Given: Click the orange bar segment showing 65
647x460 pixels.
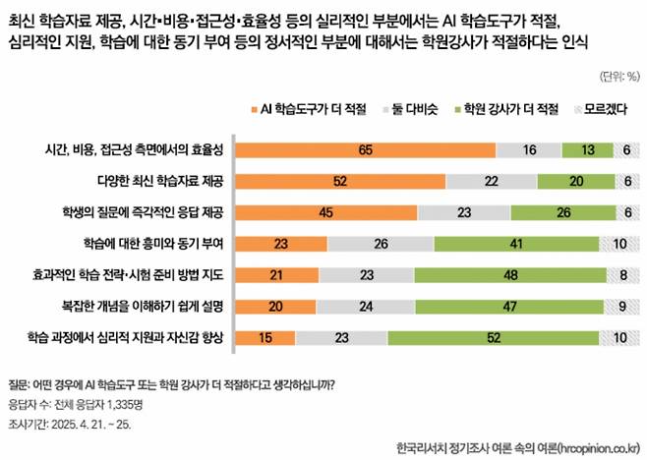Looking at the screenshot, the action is tap(366, 149).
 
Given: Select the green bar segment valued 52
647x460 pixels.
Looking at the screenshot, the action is tap(493, 338).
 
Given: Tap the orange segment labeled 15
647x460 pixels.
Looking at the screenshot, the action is tap(265, 338).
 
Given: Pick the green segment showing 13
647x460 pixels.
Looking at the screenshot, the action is tap(588, 149).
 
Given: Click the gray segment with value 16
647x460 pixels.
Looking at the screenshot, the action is tap(529, 149).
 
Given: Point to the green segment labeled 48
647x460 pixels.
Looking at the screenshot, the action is tap(510, 275).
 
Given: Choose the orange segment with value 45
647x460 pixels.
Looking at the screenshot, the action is tap(326, 212).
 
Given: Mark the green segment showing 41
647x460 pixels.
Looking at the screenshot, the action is tap(516, 244).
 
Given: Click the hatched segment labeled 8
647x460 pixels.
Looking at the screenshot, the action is tap(623, 275).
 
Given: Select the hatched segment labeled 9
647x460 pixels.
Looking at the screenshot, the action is tap(621, 307).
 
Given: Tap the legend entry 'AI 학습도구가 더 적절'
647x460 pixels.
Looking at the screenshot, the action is tap(309, 109).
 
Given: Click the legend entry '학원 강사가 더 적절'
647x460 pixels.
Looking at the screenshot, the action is tap(506, 109).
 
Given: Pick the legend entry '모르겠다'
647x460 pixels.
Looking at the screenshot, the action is tap(601, 109).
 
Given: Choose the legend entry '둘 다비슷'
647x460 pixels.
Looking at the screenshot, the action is tap(410, 109).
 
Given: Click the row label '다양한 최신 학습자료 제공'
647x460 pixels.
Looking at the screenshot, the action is tap(160, 181).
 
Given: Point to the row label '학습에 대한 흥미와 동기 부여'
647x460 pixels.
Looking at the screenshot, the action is tap(153, 244).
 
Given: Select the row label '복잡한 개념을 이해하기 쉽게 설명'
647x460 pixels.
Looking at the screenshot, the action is tap(143, 306).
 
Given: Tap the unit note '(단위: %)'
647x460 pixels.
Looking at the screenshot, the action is tap(619, 77).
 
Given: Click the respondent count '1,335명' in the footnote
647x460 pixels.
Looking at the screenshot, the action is tap(125, 404).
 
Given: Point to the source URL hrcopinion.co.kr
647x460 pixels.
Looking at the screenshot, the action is tap(599, 447).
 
